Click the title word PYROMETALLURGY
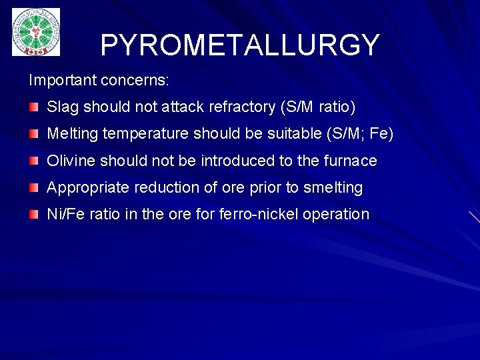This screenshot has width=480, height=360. click(x=240, y=45)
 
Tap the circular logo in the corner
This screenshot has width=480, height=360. click(x=36, y=32)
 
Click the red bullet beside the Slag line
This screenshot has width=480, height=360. click(x=33, y=107)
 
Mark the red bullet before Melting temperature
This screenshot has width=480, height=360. click(x=33, y=134)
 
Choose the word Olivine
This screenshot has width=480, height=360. click(x=70, y=161)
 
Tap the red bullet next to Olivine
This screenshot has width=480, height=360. click(x=33, y=161)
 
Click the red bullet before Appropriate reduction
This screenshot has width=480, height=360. click(x=33, y=187)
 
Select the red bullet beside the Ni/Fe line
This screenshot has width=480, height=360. click(x=33, y=214)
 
